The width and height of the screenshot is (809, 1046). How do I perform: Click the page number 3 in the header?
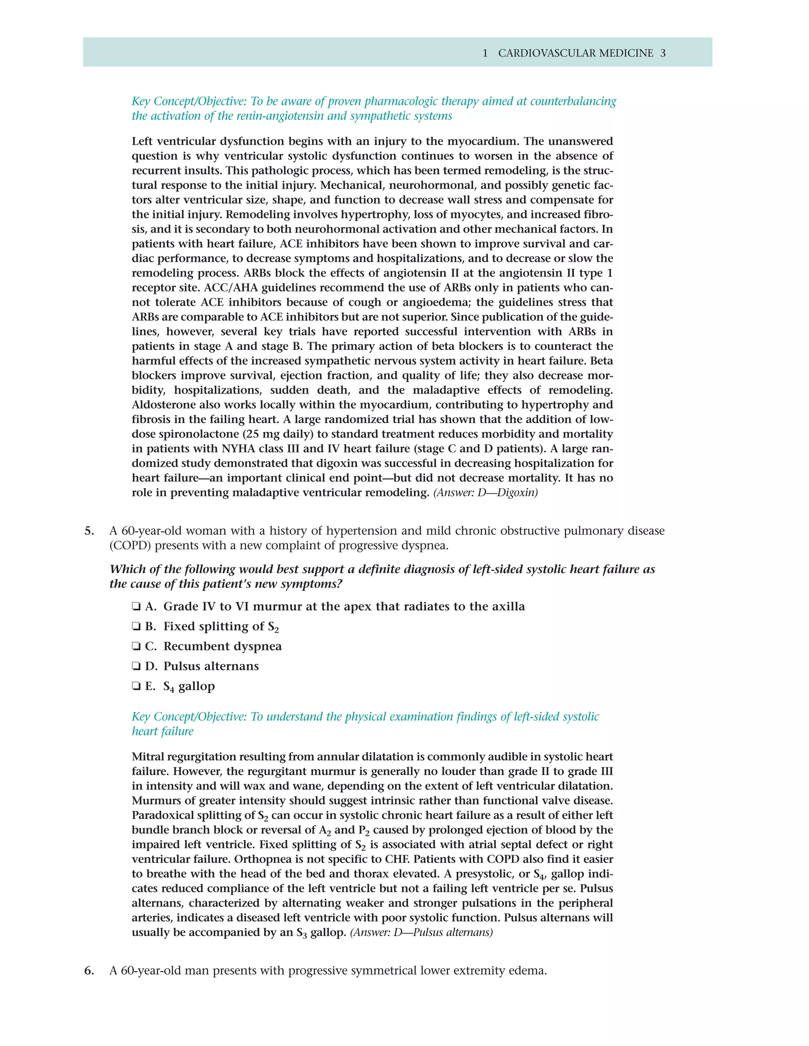(x=663, y=53)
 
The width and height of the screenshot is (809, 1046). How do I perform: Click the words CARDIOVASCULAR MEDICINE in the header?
(x=576, y=53)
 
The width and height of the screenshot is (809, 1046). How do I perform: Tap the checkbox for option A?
(x=136, y=607)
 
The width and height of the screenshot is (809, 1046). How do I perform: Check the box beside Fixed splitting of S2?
(x=136, y=626)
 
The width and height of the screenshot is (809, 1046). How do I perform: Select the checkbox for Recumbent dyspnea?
(x=136, y=647)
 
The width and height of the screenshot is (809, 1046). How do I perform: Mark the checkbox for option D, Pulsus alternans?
(x=136, y=666)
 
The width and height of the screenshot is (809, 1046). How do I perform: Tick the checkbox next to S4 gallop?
(x=136, y=686)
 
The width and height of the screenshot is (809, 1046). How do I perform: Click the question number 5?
(x=89, y=530)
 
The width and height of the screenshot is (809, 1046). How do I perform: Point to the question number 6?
(x=89, y=971)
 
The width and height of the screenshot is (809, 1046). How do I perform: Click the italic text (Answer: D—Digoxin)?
(x=485, y=492)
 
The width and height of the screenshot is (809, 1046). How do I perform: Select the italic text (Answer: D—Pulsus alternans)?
(x=421, y=932)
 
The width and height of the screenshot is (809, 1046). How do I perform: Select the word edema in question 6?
(x=528, y=971)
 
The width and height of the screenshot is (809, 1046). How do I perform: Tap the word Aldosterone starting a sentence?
(x=164, y=405)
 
